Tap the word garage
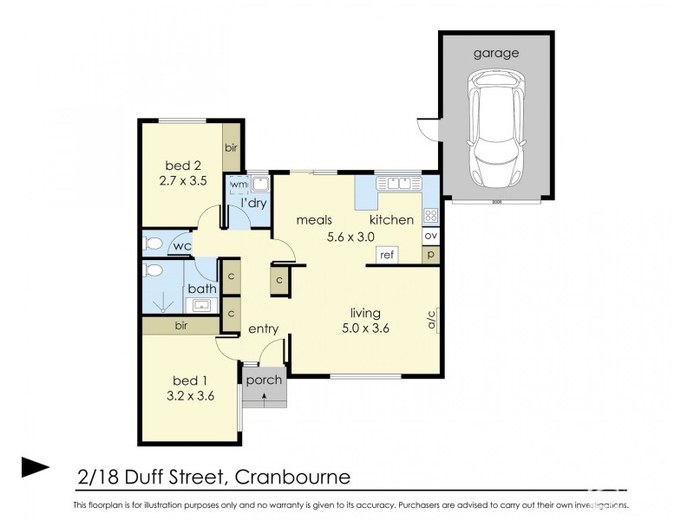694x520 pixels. [x=496, y=53]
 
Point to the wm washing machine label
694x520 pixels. [x=236, y=184]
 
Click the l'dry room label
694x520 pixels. [x=253, y=203]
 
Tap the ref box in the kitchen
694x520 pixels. [x=387, y=255]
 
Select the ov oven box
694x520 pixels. [x=430, y=235]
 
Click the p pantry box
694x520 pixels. [x=430, y=255]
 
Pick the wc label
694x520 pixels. [x=181, y=247]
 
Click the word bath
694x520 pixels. [x=201, y=289]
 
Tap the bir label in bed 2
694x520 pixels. [x=231, y=148]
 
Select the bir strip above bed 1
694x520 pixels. [x=181, y=326]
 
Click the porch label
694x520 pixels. [x=264, y=380]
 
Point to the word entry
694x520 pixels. [x=263, y=329]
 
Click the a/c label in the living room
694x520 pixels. [x=430, y=320]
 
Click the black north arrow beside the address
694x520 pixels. [x=36, y=467]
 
